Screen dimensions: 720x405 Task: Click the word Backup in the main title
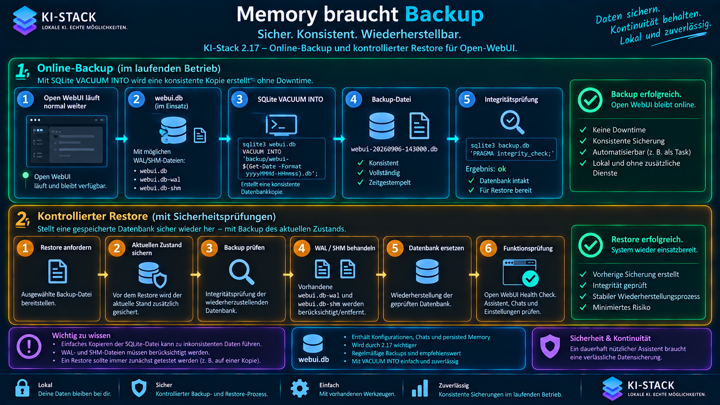tap(444, 15)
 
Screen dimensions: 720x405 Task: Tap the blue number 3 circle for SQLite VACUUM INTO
tap(239, 99)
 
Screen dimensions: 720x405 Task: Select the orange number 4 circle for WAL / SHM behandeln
tap(301, 248)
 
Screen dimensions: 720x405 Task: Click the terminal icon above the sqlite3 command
tap(281, 125)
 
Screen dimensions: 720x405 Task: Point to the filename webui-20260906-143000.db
tap(394, 149)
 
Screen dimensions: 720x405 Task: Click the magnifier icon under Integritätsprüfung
tap(512, 122)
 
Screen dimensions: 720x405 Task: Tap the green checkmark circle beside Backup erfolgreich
tap(590, 100)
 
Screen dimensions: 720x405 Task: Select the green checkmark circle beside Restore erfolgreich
tap(590, 245)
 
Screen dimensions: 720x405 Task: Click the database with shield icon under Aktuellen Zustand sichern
tap(152, 275)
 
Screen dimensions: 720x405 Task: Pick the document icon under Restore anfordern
tap(58, 272)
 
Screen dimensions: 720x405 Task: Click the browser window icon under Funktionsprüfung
tap(521, 273)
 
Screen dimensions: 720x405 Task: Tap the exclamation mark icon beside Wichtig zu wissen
tap(29, 346)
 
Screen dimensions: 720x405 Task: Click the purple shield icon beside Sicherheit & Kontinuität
tap(550, 346)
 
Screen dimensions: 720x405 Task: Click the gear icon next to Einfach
tap(299, 388)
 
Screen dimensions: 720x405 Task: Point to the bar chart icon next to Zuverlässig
tap(420, 388)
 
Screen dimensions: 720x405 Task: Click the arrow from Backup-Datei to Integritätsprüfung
tap(453, 139)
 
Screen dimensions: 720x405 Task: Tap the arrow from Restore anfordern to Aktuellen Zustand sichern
tap(103, 275)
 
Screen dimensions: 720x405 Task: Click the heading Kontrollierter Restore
tap(93, 216)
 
